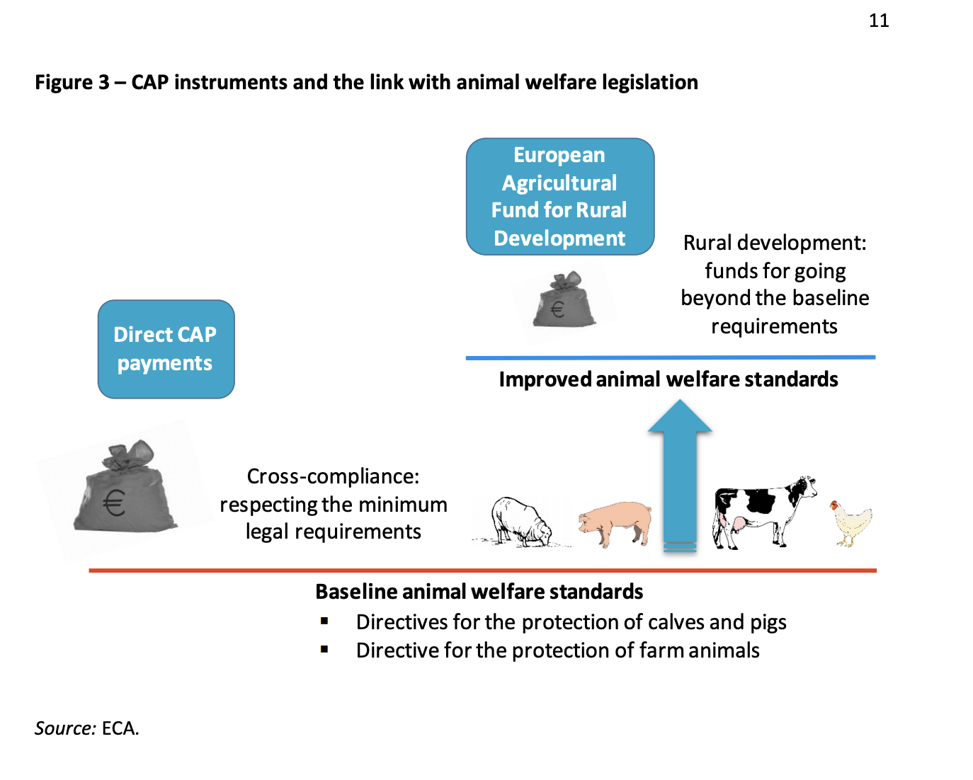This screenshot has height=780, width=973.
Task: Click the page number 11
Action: tap(879, 21)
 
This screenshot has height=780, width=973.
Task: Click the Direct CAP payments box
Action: tap(166, 349)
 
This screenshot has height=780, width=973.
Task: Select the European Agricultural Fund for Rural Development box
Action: tap(559, 197)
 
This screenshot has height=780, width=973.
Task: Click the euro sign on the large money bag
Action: tap(114, 503)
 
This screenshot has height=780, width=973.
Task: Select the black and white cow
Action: tap(761, 510)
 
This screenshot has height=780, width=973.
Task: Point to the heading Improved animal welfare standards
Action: tap(668, 379)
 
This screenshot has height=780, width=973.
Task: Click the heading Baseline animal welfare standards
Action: tap(479, 592)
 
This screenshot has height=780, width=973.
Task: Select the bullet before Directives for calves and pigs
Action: tap(324, 621)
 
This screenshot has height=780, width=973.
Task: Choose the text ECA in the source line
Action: tap(119, 728)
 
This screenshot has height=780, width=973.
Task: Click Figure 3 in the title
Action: tap(72, 83)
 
